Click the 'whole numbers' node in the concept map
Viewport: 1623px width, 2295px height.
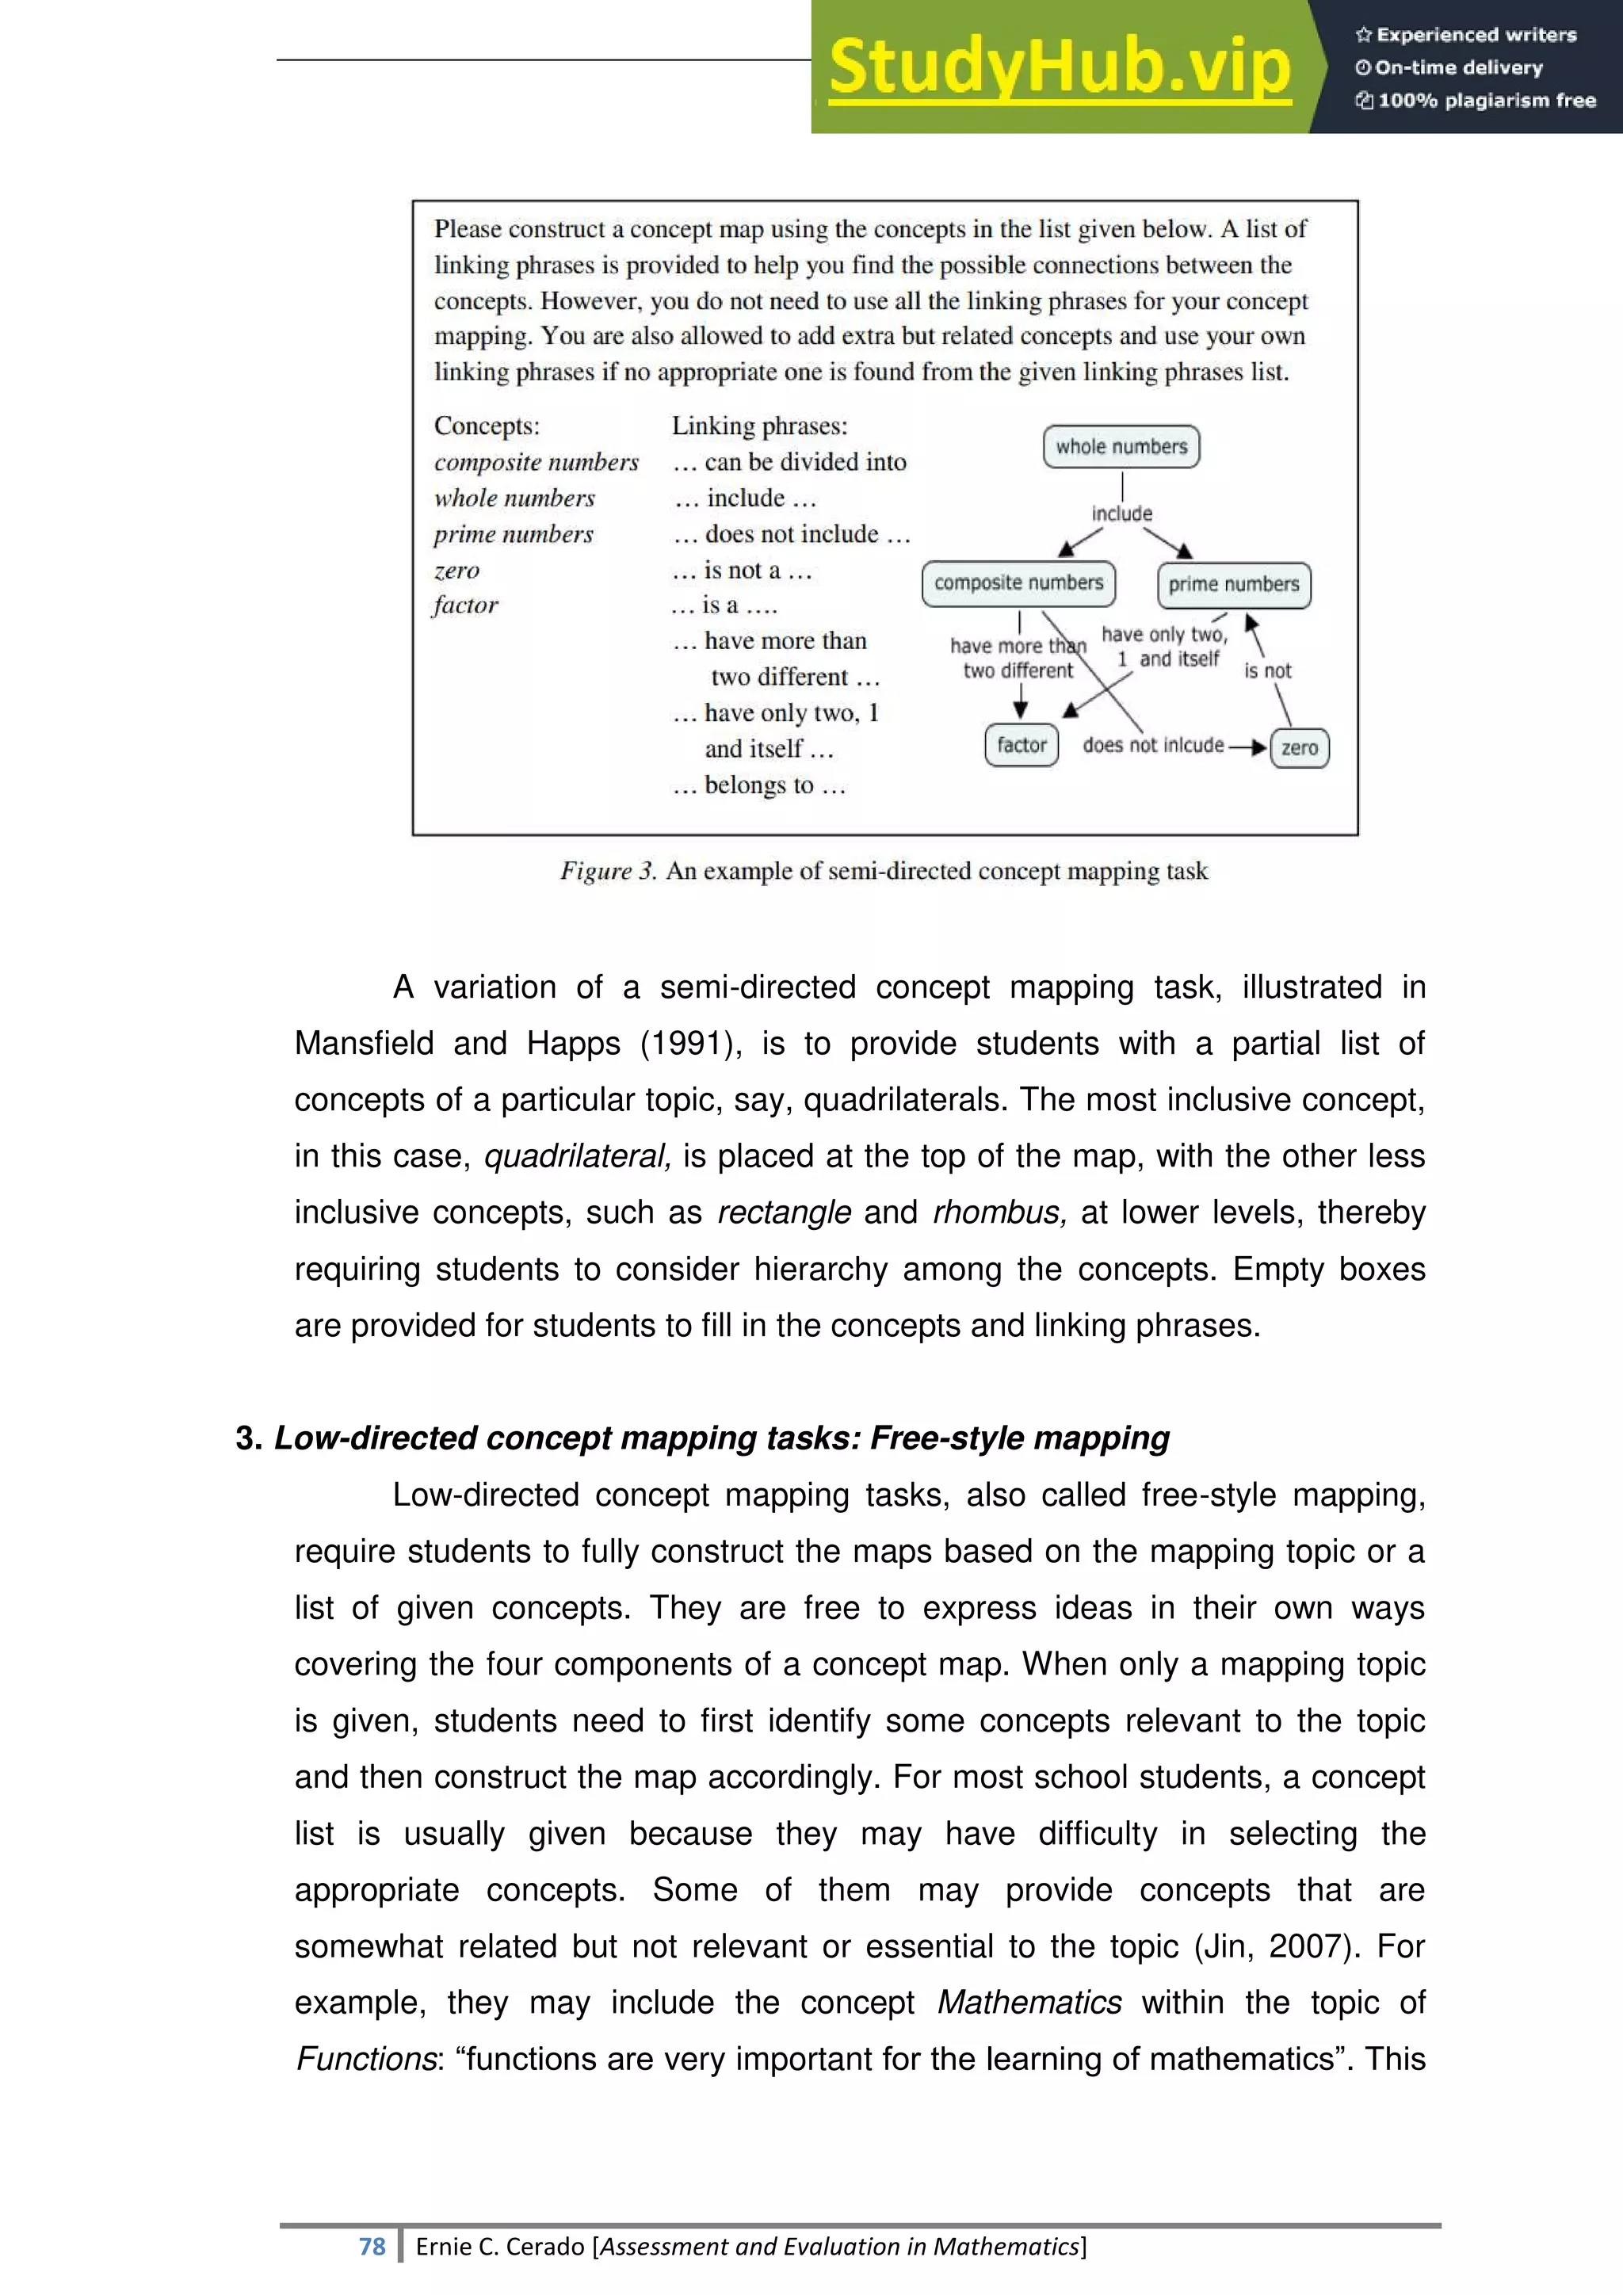coord(1121,447)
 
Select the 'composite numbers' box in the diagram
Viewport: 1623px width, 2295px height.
coord(1018,582)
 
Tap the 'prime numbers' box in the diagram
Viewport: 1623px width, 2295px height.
coord(1233,585)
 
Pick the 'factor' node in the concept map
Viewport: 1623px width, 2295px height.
coord(1022,746)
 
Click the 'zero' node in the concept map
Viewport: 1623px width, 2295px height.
coord(1299,747)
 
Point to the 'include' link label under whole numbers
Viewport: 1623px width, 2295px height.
coord(1121,514)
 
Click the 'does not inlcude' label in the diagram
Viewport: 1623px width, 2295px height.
coord(1152,746)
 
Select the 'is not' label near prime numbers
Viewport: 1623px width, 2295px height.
coord(1267,670)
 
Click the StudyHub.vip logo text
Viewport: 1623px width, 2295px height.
coord(1060,67)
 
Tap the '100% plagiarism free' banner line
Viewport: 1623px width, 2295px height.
coord(1476,100)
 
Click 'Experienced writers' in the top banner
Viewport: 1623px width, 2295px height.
coord(1466,35)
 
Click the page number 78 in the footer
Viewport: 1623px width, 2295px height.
coord(372,2246)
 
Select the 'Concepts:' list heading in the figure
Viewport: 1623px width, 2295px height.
coord(487,426)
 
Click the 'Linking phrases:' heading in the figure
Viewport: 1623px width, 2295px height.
coord(758,426)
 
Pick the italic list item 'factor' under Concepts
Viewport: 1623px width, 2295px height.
coord(466,605)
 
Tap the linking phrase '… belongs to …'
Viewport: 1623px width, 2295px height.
coord(759,785)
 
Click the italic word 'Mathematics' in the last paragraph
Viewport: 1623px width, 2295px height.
coord(1029,2002)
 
